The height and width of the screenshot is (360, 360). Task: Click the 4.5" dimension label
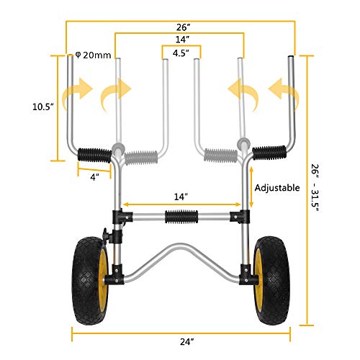[x=179, y=51]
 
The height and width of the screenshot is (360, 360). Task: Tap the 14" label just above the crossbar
[x=180, y=196]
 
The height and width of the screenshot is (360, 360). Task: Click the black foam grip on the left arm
[x=94, y=153]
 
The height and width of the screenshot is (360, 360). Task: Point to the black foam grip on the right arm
[x=267, y=153]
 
